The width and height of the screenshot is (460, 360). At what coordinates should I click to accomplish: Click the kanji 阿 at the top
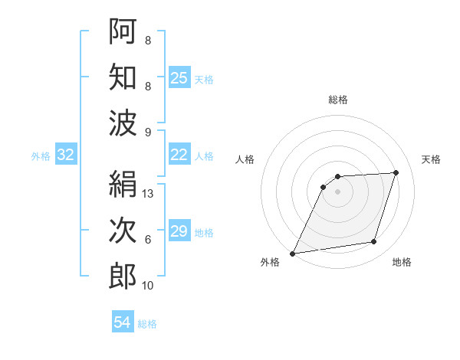(123, 31)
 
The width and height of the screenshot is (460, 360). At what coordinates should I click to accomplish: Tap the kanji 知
(123, 77)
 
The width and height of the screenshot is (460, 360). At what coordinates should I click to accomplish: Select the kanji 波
(123, 123)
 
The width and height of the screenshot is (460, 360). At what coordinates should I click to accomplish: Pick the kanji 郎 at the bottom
(123, 277)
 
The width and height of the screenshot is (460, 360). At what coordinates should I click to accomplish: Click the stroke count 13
(149, 194)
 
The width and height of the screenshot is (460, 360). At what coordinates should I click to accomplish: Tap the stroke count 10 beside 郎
(149, 286)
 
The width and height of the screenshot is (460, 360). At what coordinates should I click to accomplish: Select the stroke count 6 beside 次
(148, 240)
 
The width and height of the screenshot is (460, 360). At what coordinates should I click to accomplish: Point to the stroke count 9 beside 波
(148, 133)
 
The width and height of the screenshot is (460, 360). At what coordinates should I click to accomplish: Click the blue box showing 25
(179, 77)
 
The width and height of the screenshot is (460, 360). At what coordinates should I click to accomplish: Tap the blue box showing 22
(179, 155)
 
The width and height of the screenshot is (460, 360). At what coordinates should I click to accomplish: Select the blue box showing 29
(179, 231)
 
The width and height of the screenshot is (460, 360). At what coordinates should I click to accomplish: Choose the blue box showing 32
(65, 155)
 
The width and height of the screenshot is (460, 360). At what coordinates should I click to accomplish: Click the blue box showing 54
(123, 322)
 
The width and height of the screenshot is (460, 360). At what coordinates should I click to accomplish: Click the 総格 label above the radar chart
(338, 100)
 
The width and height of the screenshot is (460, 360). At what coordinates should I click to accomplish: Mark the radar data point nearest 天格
(396, 172)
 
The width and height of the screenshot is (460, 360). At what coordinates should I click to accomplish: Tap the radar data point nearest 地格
(374, 242)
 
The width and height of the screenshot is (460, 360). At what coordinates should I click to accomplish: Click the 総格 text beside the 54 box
(147, 324)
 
